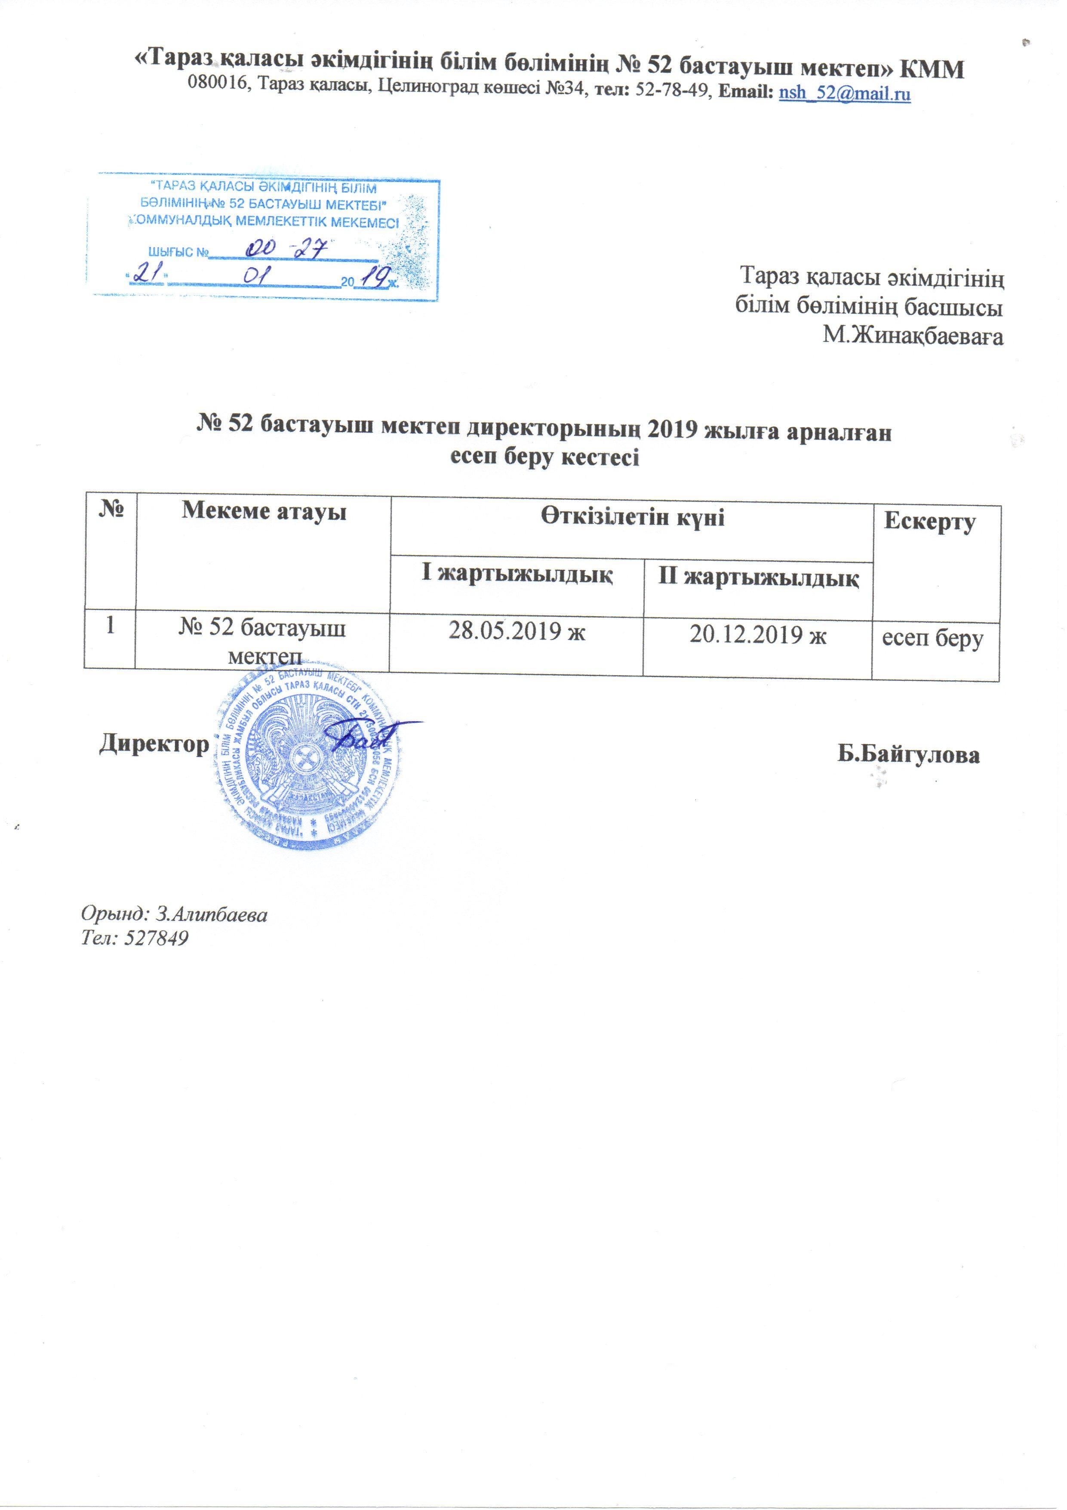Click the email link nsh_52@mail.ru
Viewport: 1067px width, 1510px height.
[x=844, y=94]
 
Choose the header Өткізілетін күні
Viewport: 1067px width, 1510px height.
[x=633, y=518]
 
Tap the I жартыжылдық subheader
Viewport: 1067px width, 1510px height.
[x=517, y=574]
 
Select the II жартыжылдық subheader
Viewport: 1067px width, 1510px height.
[x=759, y=578]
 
